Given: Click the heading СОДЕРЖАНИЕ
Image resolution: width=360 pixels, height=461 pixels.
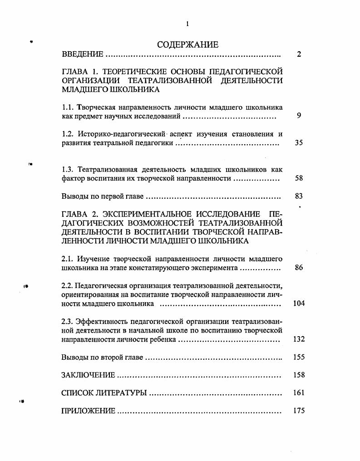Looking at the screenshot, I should [x=187, y=44].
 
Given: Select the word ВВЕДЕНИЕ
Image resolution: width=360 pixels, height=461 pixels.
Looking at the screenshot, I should [x=82, y=54].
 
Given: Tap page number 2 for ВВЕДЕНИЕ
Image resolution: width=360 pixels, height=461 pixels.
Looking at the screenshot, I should [x=299, y=54].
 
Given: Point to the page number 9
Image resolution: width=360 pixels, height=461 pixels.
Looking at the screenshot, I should [x=299, y=116].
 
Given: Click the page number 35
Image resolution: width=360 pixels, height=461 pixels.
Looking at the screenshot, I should [x=299, y=143].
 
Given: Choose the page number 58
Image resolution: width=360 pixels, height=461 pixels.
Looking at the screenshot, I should [x=299, y=178].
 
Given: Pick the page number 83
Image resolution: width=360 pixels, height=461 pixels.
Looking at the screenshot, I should [x=299, y=196].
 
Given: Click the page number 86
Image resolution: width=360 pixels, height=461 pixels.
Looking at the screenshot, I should [x=299, y=268].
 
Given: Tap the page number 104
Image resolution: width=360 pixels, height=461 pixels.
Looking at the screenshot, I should [x=299, y=303].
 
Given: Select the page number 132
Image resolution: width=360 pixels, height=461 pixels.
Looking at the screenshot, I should [x=299, y=339].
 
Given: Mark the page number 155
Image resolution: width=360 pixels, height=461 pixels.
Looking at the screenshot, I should [x=299, y=357].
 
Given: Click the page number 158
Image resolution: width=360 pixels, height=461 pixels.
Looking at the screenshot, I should [x=299, y=375].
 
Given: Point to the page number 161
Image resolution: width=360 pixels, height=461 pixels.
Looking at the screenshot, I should [x=299, y=393].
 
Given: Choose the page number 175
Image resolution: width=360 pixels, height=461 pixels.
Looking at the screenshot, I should [x=299, y=411].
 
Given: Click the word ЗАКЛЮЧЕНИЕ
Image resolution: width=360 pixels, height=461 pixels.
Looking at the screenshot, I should [x=88, y=375].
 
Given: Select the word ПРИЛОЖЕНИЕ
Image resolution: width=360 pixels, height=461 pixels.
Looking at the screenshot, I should [x=88, y=411].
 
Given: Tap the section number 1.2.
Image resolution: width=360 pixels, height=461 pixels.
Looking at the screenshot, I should [x=67, y=134].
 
